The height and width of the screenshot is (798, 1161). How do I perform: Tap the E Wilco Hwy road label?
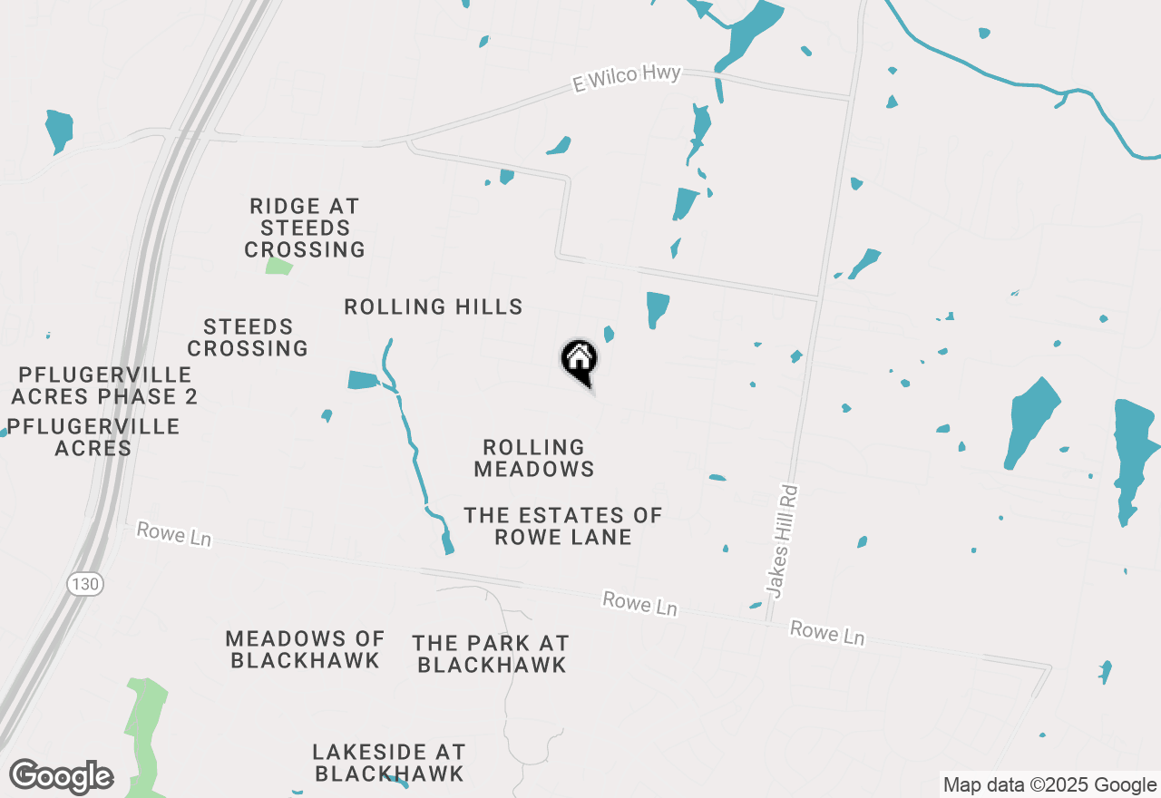point(627,78)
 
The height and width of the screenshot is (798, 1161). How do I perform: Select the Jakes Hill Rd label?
point(782,540)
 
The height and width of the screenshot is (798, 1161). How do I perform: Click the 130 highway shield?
point(84,584)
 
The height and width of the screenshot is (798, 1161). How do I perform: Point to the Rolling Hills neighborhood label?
point(434,307)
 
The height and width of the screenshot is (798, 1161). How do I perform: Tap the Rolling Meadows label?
point(534,458)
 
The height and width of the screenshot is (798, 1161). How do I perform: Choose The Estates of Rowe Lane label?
point(563,526)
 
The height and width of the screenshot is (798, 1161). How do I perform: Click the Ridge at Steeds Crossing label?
point(305,228)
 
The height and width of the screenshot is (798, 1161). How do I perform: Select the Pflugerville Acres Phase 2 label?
point(104,385)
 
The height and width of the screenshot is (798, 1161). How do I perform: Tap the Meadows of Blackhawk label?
point(305,650)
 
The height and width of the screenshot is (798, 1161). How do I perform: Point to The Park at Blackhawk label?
point(491,654)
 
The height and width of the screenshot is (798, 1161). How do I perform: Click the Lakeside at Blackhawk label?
point(389,763)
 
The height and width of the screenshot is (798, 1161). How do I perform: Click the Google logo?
point(62,777)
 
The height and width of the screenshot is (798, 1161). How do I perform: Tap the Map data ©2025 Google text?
point(1049,785)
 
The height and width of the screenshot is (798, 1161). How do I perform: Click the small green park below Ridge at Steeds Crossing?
point(279,266)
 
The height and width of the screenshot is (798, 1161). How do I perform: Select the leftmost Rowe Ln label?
point(173,533)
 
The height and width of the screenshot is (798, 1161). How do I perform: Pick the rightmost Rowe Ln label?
point(826,633)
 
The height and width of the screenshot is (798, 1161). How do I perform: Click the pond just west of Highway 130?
point(59,130)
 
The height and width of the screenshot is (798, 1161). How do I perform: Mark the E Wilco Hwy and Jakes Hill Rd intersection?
point(849,96)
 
